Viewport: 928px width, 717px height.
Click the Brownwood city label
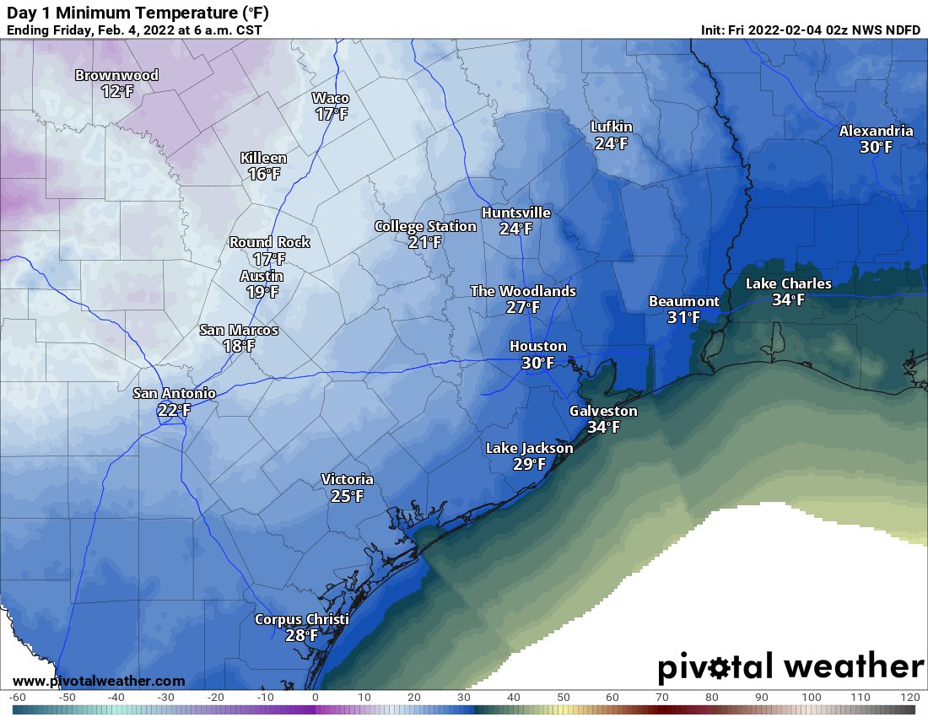click(116, 75)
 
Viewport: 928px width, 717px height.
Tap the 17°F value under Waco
click(332, 114)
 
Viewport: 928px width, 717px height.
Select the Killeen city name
click(263, 158)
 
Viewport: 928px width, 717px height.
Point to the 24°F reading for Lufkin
click(611, 143)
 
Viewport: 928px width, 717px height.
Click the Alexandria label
click(876, 131)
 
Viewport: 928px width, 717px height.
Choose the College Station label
click(425, 226)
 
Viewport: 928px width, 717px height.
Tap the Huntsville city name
click(515, 213)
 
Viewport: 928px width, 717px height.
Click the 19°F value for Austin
click(262, 292)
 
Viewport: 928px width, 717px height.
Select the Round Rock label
click(269, 242)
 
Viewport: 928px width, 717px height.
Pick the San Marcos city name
click(239, 330)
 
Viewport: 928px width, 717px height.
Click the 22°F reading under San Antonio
click(174, 410)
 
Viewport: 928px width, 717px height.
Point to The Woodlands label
click(523, 291)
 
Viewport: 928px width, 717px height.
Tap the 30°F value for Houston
click(537, 363)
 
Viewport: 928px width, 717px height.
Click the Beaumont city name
click(683, 301)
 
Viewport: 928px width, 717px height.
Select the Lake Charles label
click(788, 283)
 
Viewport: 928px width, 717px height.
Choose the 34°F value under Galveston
click(603, 427)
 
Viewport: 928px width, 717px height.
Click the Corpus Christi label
click(301, 619)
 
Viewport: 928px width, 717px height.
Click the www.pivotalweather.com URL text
click(99, 681)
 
